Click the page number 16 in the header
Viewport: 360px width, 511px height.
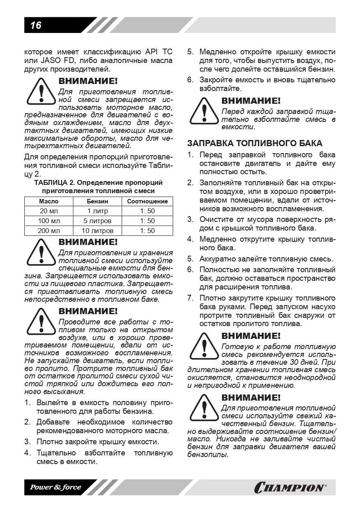coord(36,26)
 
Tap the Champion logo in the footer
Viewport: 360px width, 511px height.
coord(290,488)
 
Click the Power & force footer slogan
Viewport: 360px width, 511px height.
coord(55,488)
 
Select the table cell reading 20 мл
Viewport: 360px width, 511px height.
coord(49,211)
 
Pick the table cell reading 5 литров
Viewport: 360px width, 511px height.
coord(97,221)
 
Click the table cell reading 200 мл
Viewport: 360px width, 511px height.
coord(49,231)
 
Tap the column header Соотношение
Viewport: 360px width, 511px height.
coord(147,201)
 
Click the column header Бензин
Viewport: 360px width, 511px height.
coord(97,201)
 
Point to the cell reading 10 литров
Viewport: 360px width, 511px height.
coord(97,231)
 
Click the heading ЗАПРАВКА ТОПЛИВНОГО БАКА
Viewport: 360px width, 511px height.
coord(255,143)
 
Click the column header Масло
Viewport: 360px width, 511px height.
coord(49,201)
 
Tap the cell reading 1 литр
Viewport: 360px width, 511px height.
coord(97,211)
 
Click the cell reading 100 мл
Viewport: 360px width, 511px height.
coord(49,221)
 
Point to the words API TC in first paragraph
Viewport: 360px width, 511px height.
coord(159,52)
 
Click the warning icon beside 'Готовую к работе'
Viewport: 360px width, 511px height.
coord(203,346)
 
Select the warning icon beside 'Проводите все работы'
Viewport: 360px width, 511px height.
coord(41,322)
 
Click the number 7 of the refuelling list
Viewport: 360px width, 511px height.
coord(190,298)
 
